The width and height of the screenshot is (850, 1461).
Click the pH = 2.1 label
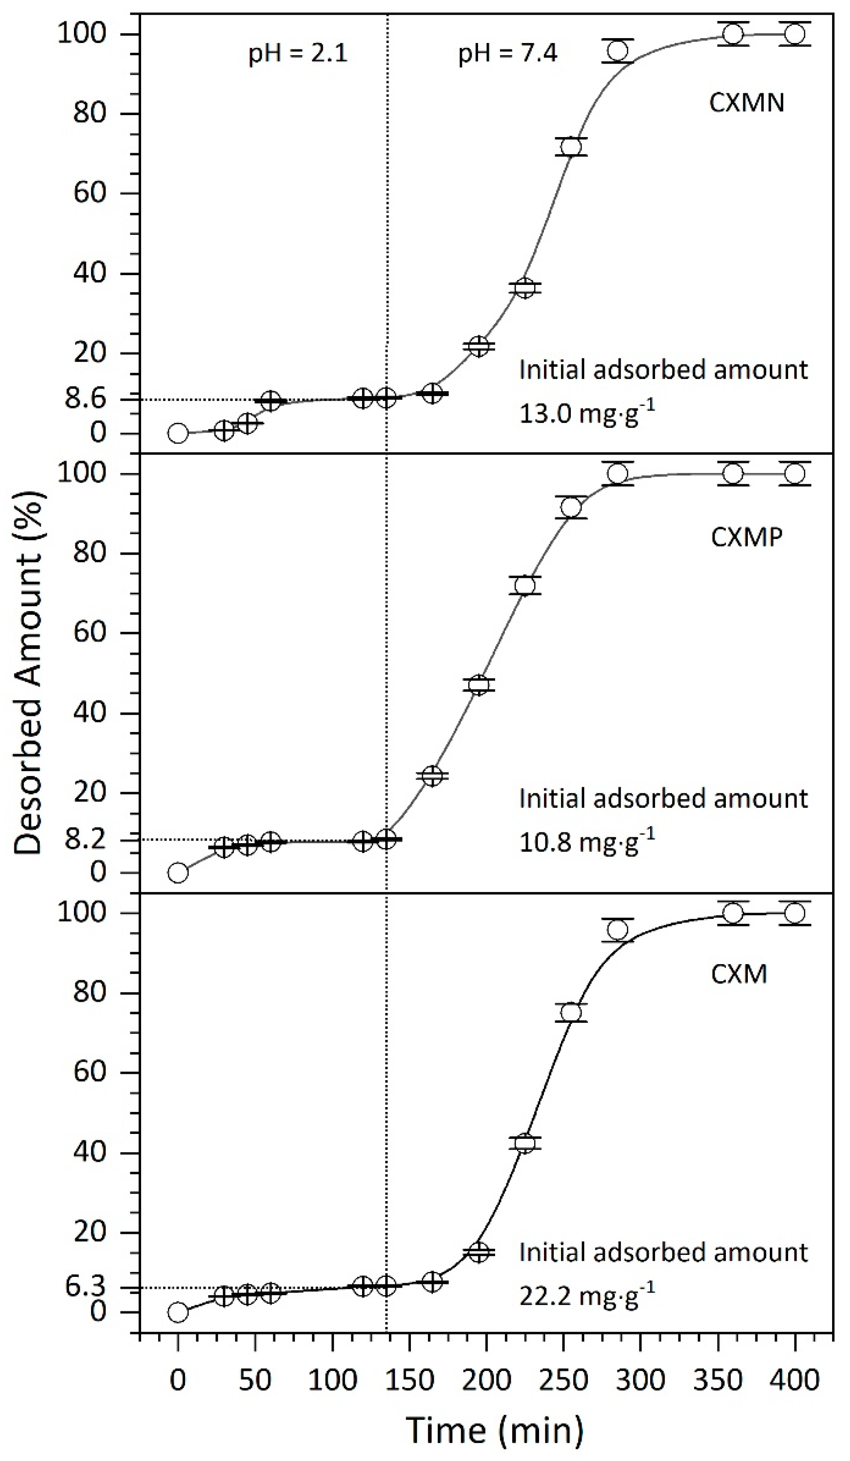(x=298, y=54)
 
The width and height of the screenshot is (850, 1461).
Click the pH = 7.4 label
(x=508, y=54)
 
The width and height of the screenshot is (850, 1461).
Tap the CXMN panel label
(x=746, y=103)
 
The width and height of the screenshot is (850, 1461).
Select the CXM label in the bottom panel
(x=739, y=974)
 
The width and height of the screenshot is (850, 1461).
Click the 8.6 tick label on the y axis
(x=85, y=400)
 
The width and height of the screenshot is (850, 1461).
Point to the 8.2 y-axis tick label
(x=85, y=840)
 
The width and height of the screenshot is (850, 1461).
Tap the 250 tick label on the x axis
(x=563, y=1380)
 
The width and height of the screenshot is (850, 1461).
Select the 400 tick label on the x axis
(x=794, y=1380)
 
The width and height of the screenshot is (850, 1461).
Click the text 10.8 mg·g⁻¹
(x=587, y=842)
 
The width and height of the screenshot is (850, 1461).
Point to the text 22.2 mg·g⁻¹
(x=587, y=1296)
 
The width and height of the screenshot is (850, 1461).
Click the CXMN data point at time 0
(x=178, y=433)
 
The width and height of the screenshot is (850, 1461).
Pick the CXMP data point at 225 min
(x=525, y=586)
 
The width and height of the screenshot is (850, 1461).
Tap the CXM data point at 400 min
(x=794, y=913)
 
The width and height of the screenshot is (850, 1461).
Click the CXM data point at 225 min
(x=525, y=1144)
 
